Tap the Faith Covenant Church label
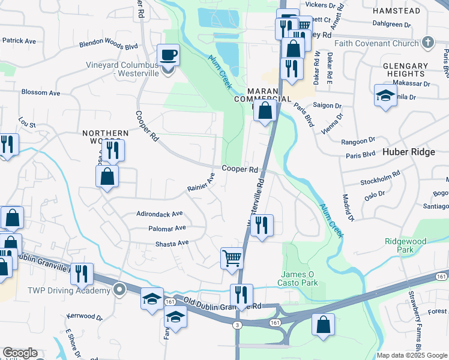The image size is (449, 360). pos(384,43)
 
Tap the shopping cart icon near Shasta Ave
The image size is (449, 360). pos(232,259)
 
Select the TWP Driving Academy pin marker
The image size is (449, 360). pos(119,290)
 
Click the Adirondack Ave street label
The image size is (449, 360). pos(159,214)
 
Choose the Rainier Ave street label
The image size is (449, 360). pos(200,182)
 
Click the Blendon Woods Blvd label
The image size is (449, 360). pos(109,45)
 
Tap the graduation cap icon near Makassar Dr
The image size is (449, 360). pos(385,95)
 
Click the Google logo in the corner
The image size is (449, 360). pos(19,353)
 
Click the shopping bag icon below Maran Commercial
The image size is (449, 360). pos(264,110)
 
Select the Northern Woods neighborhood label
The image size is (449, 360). pos(105,137)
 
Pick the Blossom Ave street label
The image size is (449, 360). pos(41,93)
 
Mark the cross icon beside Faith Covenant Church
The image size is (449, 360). pos(427,43)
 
